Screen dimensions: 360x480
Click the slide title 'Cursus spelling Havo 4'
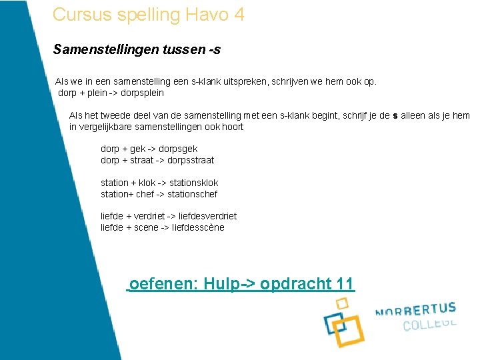point(148,14)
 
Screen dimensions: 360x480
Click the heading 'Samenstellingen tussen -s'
point(137,49)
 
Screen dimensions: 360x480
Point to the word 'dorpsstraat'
point(191,160)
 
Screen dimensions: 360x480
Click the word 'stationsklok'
point(193,183)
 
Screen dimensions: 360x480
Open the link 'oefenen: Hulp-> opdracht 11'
point(241,284)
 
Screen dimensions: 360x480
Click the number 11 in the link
point(345,284)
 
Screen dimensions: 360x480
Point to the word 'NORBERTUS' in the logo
point(415,310)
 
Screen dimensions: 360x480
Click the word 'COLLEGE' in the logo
point(429,325)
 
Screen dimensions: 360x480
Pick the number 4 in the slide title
point(239,14)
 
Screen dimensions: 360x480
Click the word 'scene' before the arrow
point(145,227)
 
